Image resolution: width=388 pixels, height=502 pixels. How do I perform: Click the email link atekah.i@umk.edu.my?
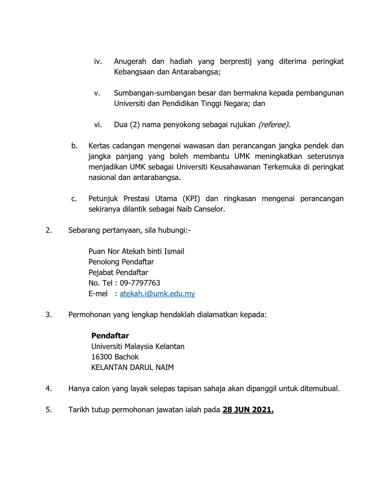[x=157, y=294]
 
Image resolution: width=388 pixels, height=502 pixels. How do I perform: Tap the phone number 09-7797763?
[x=140, y=283]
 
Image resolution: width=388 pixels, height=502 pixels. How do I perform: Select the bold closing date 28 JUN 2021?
[x=248, y=410]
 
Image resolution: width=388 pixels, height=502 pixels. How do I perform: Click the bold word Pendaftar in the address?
[x=110, y=336]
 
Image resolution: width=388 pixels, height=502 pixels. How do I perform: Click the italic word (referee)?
[x=274, y=125]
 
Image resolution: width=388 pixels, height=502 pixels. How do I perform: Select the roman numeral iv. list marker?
[x=98, y=61]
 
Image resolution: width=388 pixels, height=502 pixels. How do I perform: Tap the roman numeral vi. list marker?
[x=98, y=125]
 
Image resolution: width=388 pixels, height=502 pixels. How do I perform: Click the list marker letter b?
[x=74, y=146]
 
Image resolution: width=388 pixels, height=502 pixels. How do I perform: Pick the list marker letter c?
[x=74, y=199]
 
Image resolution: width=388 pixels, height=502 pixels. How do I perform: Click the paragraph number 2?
[x=49, y=230]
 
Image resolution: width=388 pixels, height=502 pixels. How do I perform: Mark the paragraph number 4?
[x=49, y=389]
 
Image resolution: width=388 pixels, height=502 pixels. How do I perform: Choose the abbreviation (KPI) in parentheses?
[x=191, y=199]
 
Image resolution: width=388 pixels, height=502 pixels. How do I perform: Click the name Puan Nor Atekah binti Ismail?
[x=136, y=251]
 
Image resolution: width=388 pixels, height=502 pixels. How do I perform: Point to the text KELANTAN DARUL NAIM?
[x=132, y=368]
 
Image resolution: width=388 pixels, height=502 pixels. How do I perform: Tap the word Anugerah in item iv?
[x=130, y=61]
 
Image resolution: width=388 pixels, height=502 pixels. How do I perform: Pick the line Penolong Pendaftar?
[x=121, y=262]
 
